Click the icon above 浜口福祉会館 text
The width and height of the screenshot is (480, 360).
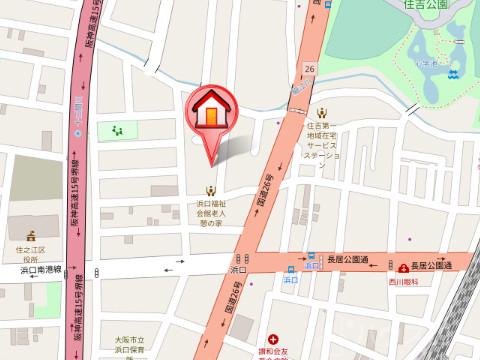[211, 189]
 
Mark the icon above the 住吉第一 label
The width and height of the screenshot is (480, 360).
[323, 113]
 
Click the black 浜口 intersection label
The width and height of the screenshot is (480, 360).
[238, 270]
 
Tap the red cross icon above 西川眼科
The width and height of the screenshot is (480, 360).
[401, 267]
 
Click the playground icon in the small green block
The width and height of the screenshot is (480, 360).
[118, 129]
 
